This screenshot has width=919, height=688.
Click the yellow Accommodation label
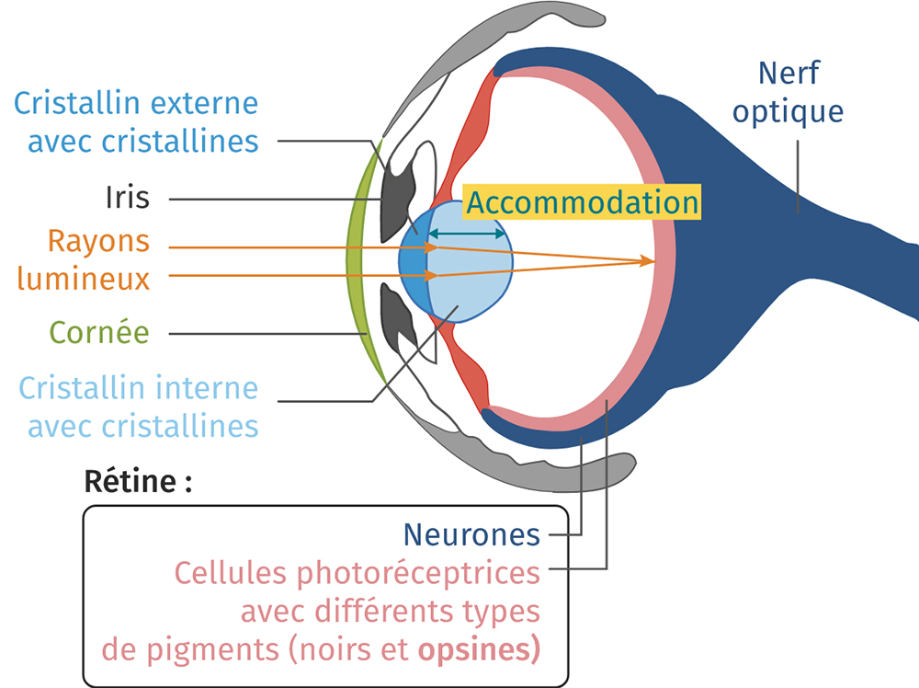click(582, 201)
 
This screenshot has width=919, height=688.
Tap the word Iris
click(127, 198)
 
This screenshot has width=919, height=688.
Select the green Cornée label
click(99, 332)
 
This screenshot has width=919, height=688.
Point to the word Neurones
click(471, 533)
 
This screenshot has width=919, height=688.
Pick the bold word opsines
click(479, 649)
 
